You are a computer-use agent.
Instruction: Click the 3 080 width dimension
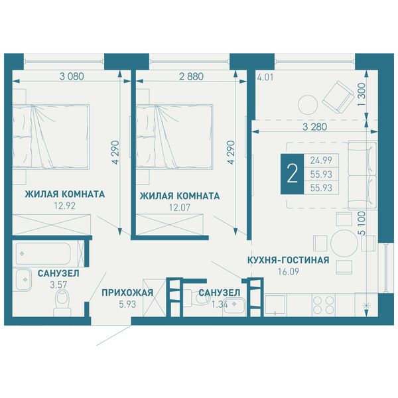click(x=72, y=76)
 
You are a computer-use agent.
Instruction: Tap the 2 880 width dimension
click(x=191, y=76)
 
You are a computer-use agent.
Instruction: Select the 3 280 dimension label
click(x=314, y=127)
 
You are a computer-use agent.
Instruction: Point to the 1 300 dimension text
click(x=362, y=94)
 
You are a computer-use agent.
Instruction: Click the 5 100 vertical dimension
click(x=362, y=223)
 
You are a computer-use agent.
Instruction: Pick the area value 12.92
click(x=64, y=206)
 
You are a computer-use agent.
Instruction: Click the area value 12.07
click(x=180, y=208)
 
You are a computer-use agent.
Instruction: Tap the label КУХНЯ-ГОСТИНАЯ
click(x=288, y=260)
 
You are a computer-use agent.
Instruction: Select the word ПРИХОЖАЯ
click(x=127, y=293)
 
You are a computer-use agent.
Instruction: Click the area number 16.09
click(x=289, y=271)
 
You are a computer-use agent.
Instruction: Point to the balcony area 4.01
click(x=265, y=77)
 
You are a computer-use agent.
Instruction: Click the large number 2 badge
click(x=292, y=174)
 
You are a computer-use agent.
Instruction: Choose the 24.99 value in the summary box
click(x=321, y=160)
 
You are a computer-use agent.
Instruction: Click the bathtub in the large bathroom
click(x=42, y=253)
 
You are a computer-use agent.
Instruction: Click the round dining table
click(x=344, y=243)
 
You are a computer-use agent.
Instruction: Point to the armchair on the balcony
click(x=338, y=98)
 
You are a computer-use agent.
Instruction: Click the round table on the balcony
click(x=308, y=105)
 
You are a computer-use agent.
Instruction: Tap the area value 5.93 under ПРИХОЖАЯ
click(x=127, y=304)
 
